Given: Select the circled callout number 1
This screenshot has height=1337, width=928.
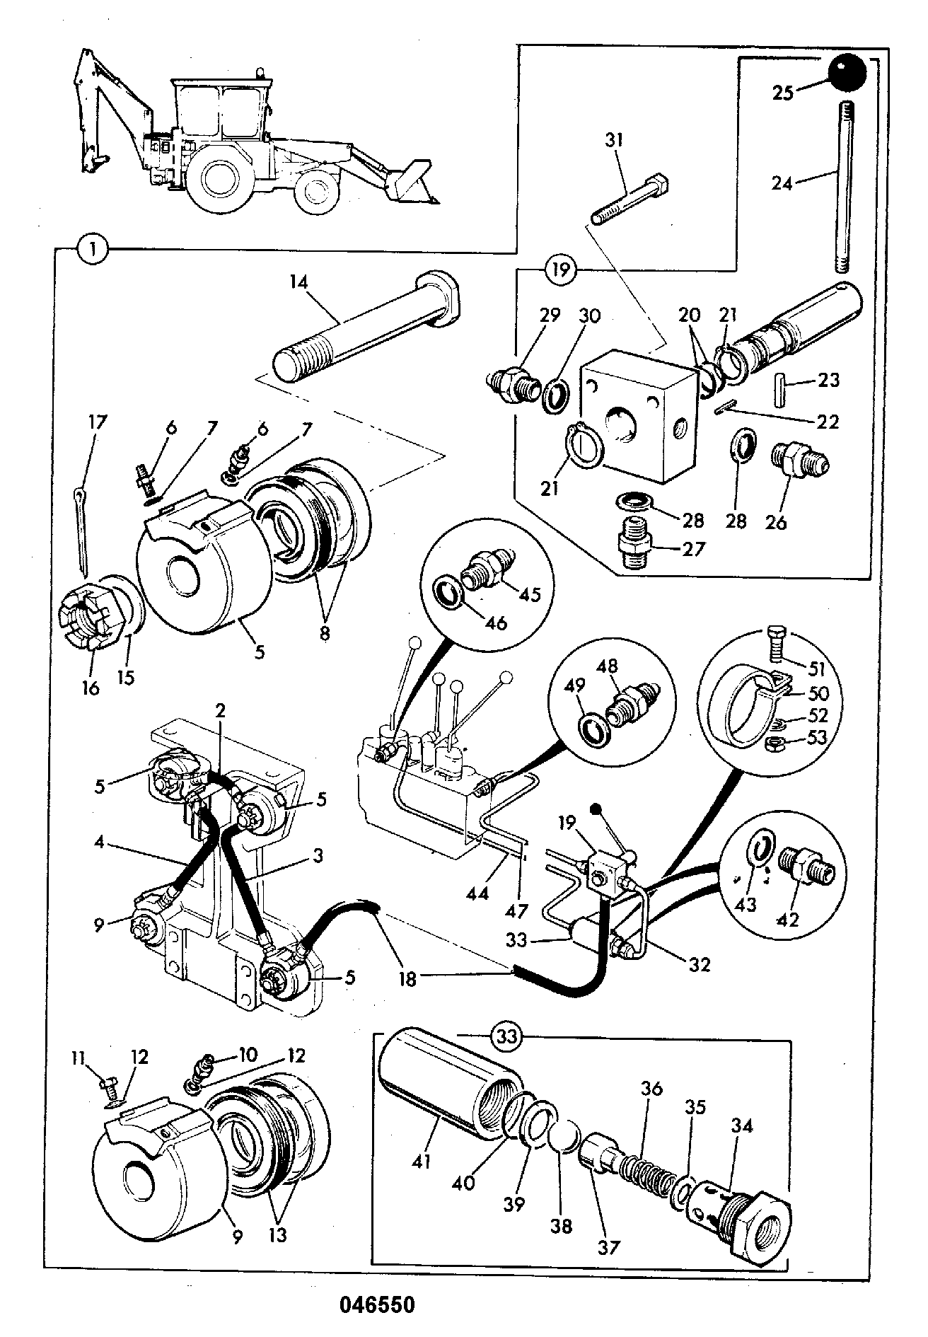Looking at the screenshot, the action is [94, 248].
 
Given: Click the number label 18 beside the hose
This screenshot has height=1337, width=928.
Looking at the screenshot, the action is [408, 979].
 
